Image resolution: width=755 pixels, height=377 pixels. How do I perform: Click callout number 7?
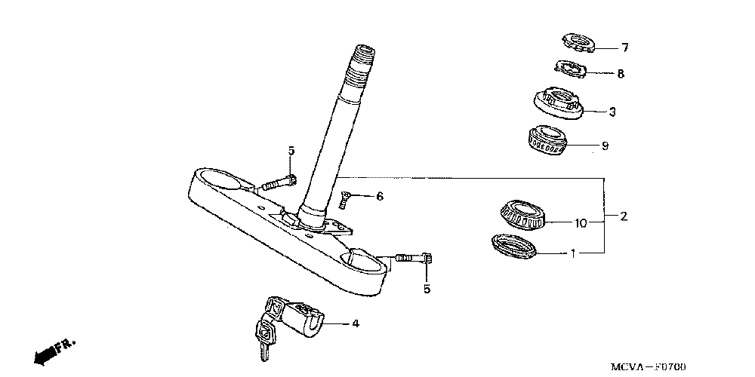[x=624, y=48]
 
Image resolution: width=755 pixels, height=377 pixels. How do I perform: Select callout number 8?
[x=621, y=74]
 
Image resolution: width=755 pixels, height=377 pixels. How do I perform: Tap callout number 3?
[x=612, y=112]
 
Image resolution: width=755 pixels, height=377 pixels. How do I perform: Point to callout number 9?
[x=604, y=145]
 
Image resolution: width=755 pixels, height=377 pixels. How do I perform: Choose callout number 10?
[x=580, y=223]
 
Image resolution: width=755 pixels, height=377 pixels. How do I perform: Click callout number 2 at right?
[x=623, y=216]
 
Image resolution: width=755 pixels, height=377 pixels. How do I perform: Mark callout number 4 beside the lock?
[x=354, y=324]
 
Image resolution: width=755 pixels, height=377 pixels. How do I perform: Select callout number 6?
[x=379, y=197]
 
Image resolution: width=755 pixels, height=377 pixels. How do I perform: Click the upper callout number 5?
[x=291, y=152]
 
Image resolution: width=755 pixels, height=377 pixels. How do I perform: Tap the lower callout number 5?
[x=427, y=289]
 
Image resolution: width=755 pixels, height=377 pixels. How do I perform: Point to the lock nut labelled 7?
[x=578, y=42]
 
